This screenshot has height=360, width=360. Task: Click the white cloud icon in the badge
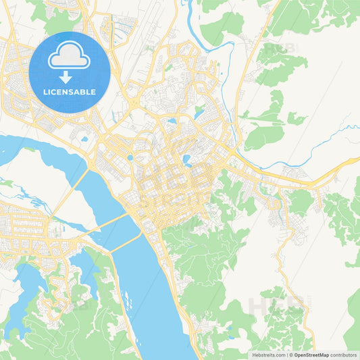[70, 55]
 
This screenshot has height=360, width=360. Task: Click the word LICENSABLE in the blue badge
[70, 92]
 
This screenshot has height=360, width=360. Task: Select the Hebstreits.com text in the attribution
[269, 354]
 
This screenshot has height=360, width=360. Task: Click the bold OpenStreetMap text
[309, 354]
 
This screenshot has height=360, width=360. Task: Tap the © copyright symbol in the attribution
[291, 354]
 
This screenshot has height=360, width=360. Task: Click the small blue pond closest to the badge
[84, 139]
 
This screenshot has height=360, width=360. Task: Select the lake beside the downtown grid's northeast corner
[186, 160]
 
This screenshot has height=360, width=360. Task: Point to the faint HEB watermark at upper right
[274, 49]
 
